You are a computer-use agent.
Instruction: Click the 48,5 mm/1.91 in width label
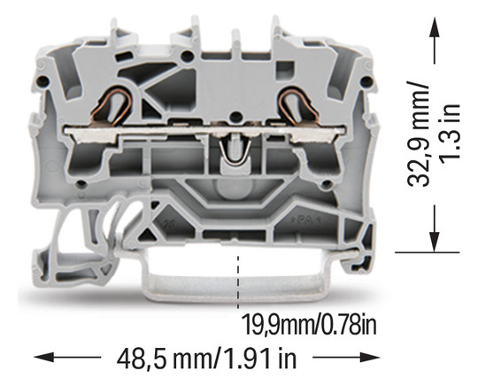(206, 359)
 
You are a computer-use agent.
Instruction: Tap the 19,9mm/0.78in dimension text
(309, 325)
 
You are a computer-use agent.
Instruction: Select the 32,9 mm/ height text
(419, 135)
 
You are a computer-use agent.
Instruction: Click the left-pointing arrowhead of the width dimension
(44, 357)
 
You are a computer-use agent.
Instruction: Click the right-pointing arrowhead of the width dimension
(370, 357)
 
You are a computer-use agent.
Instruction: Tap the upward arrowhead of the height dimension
(435, 27)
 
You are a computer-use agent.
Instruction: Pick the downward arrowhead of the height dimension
(435, 242)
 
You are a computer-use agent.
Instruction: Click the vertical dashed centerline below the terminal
(238, 282)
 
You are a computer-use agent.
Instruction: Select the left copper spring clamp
(112, 107)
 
